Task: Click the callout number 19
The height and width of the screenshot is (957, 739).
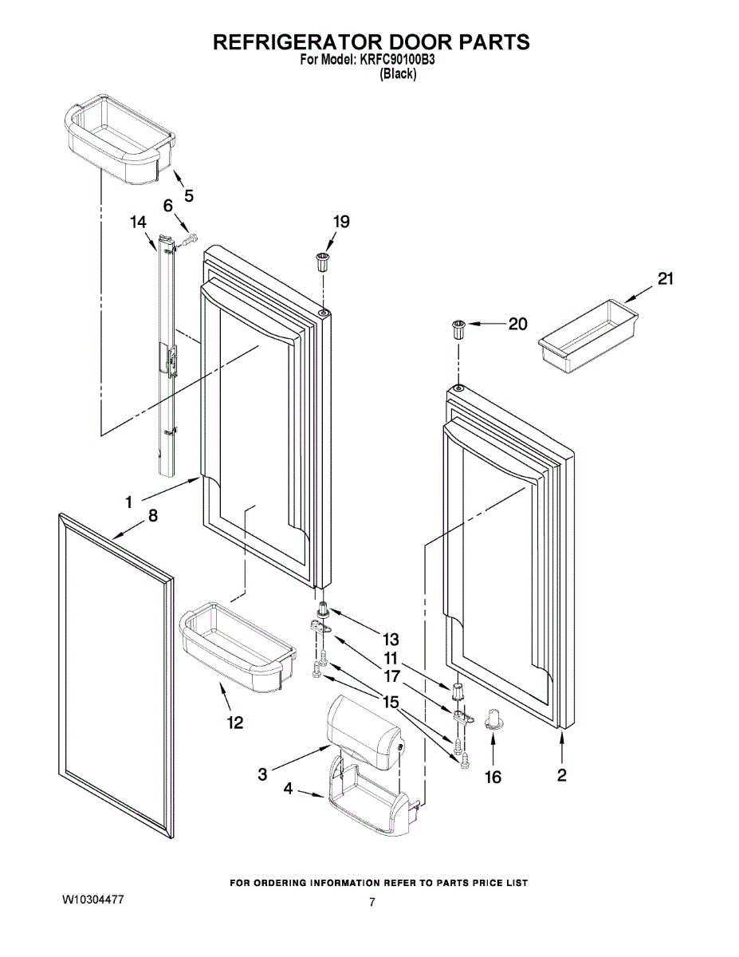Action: (x=341, y=222)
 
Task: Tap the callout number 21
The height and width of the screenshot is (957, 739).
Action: (x=665, y=278)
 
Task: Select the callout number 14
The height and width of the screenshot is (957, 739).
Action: (x=138, y=222)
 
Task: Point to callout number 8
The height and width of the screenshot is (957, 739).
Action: (x=153, y=515)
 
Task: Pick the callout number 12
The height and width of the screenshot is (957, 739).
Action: (x=235, y=723)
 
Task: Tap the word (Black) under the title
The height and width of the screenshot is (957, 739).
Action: (x=398, y=74)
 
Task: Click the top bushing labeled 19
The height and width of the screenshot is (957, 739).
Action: (x=323, y=262)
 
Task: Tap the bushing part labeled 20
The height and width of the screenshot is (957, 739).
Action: (x=458, y=330)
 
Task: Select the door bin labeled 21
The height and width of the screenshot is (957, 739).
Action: (x=588, y=336)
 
